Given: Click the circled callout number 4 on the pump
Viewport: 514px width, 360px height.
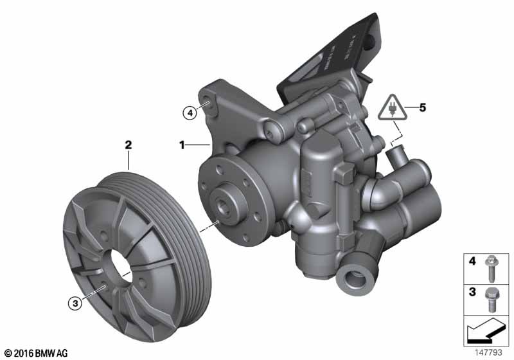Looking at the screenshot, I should pos(189,113).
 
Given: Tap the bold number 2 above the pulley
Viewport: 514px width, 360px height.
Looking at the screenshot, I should pos(128,146).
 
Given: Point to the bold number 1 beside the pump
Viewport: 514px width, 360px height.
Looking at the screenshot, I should pos(182,146).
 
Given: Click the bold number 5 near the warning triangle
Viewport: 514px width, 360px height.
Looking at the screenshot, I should pos(421,108).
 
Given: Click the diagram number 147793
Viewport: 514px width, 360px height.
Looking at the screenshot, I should pos(490,352).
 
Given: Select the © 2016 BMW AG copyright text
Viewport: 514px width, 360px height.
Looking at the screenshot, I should pos(35,353).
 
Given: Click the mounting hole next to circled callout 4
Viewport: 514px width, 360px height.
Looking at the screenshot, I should pos(207,105).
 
